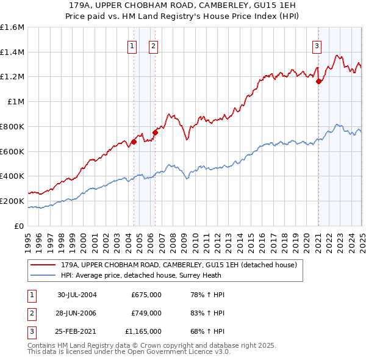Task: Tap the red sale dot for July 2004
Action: click(x=134, y=142)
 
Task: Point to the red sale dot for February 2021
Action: click(x=318, y=81)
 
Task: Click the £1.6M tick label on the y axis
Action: click(x=12, y=27)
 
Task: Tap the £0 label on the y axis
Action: click(x=20, y=226)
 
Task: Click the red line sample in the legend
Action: click(x=43, y=265)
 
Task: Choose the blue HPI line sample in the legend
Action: click(x=43, y=275)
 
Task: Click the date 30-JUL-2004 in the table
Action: click(x=77, y=295)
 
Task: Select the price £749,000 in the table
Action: click(x=146, y=313)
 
